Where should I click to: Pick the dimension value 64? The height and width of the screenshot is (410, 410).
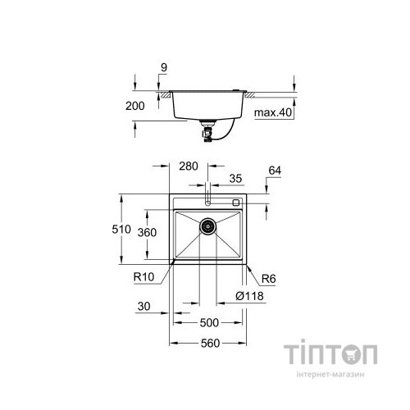(274, 171)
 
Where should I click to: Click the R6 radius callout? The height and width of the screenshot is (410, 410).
(265, 278)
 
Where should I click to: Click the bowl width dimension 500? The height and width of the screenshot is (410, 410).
(208, 324)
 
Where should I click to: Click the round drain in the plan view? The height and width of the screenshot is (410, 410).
(208, 225)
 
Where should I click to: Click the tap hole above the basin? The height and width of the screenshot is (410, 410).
(208, 201)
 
